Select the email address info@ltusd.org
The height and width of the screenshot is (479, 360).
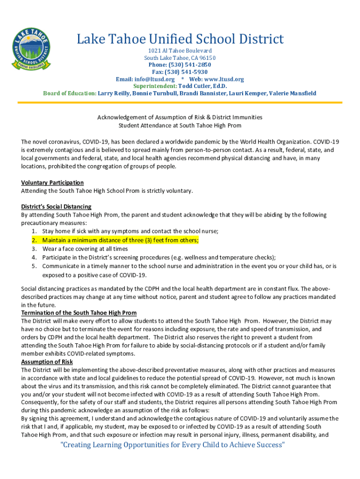(155, 79)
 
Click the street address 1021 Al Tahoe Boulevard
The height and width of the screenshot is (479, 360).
(180, 51)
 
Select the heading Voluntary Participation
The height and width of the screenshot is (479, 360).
(52, 182)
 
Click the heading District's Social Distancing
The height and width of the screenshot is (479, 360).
(56, 206)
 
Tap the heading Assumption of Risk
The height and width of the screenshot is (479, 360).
(47, 362)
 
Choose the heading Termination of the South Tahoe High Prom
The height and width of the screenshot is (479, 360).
(79, 312)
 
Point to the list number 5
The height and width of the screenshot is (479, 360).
(34, 266)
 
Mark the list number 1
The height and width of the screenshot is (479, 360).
(34, 231)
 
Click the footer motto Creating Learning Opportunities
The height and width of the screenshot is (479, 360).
(173, 444)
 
